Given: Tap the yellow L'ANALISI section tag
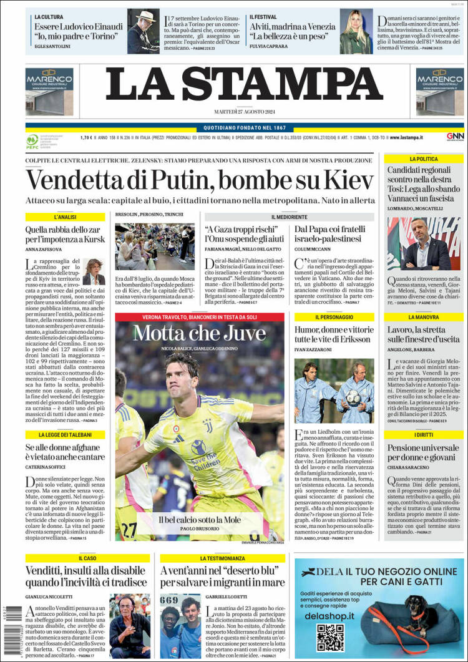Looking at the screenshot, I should point(65,217).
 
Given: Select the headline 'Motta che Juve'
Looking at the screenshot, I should point(191,334).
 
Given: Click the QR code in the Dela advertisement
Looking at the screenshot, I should point(330,636).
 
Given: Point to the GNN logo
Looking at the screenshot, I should point(454,137).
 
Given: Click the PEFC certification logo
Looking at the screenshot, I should point(32,142).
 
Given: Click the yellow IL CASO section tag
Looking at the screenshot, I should point(87,558).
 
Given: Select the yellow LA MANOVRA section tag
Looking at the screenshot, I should point(424,317).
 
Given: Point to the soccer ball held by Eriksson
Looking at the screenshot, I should point(353,397).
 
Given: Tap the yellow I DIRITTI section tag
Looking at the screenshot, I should point(424,434).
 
